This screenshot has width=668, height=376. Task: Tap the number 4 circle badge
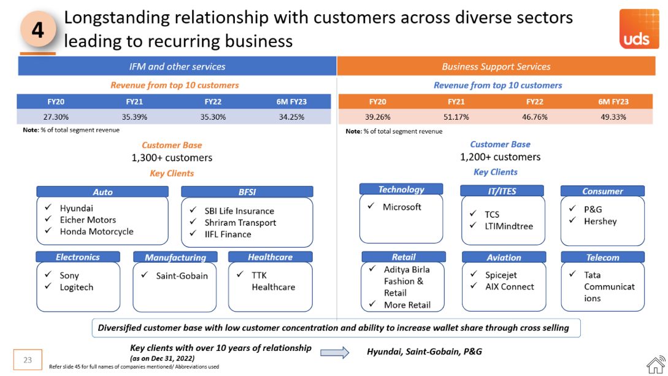[38, 29]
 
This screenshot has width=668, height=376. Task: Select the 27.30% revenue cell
[56, 117]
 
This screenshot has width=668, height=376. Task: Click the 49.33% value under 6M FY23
[613, 117]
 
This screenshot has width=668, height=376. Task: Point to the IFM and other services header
[177, 66]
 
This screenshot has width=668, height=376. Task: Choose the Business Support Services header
[496, 66]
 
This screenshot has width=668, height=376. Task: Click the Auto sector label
[102, 192]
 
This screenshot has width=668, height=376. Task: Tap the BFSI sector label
[247, 192]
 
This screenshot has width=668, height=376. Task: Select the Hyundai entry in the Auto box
[77, 209]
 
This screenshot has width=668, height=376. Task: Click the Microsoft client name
[402, 207]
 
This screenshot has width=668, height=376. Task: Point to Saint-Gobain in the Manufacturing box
[182, 276]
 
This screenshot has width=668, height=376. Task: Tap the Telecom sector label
[602, 258]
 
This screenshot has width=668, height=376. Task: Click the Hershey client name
[601, 221]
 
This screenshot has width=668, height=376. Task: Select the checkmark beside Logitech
[48, 287]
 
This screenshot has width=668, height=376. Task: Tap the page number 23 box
[28, 360]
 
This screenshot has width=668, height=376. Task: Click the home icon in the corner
[655, 364]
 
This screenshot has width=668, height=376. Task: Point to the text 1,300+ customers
[172, 158]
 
